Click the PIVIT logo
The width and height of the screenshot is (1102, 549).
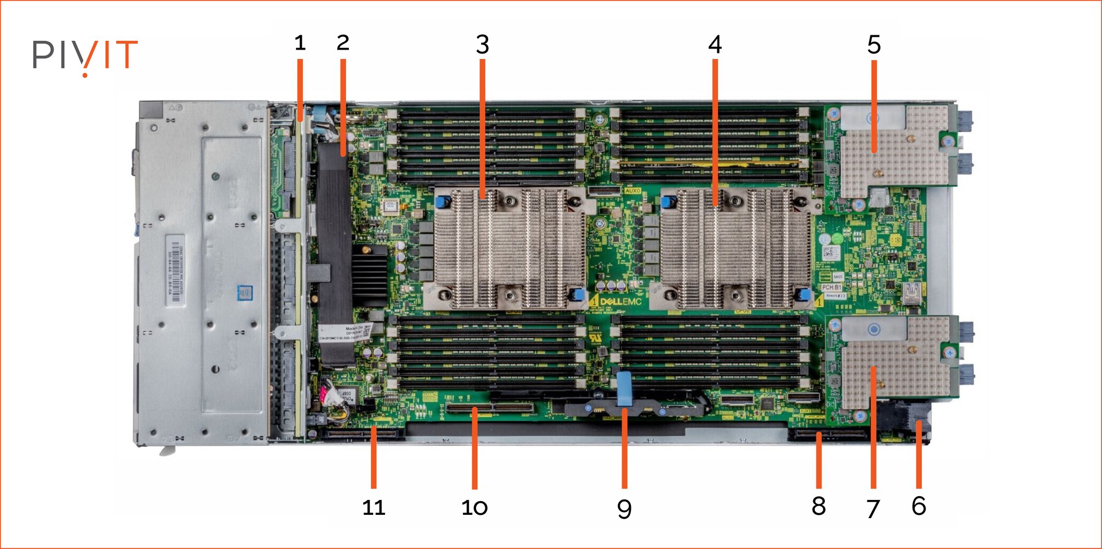(x=85, y=55)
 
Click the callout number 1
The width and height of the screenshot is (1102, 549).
(x=300, y=43)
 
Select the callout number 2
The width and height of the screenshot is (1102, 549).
(x=343, y=43)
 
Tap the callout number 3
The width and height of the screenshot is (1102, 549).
(x=483, y=45)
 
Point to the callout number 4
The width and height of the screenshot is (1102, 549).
(x=715, y=45)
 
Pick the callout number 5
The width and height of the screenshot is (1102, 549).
(x=874, y=45)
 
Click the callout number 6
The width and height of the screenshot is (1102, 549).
(x=919, y=506)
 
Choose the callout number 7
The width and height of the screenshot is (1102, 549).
(x=873, y=508)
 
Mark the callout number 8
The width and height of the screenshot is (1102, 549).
(x=819, y=506)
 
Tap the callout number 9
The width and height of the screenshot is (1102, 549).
(x=624, y=508)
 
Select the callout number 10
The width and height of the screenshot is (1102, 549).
(x=474, y=508)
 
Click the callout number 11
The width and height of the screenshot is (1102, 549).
(x=374, y=508)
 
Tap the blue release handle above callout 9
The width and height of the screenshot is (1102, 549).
(x=624, y=389)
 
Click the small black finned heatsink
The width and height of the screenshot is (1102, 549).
(x=369, y=276)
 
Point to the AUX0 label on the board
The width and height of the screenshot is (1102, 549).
(x=632, y=191)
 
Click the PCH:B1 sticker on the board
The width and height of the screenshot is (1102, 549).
(x=831, y=287)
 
